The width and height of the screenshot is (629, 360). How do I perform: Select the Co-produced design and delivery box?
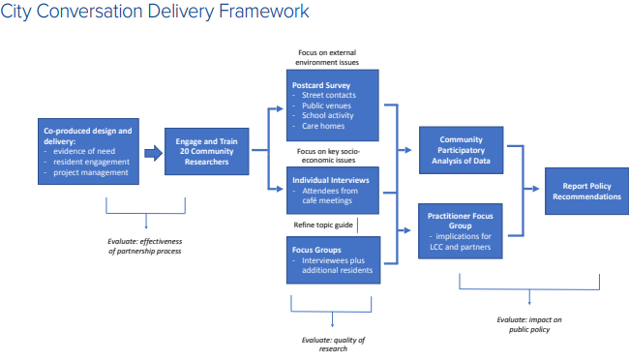(85, 151)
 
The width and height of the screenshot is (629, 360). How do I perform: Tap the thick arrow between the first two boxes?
(152, 152)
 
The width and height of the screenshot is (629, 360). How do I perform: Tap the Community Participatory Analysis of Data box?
(461, 150)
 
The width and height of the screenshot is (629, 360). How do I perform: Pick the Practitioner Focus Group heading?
(461, 217)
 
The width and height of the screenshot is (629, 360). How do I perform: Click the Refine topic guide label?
(322, 225)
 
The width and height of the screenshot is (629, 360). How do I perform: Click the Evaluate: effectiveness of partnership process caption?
(146, 245)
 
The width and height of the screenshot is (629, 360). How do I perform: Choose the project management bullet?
(93, 172)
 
